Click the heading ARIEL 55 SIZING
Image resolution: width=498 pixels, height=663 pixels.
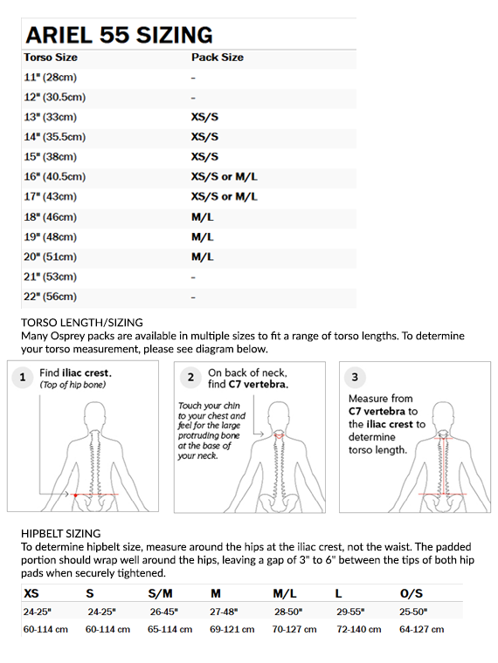119,35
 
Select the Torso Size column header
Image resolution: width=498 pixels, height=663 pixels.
51,58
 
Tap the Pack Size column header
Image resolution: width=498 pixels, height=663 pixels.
218,58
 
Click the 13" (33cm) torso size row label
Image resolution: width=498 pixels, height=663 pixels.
50,117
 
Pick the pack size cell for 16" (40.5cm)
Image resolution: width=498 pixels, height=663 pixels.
224,177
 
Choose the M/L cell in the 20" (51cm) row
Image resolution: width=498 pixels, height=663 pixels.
203,256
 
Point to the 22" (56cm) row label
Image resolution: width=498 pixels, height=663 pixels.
50,297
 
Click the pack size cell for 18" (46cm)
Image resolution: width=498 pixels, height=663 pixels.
203,217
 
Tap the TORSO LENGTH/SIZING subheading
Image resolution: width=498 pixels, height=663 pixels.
82,323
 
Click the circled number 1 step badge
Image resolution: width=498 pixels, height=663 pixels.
23,377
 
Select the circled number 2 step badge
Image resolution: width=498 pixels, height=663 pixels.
190,377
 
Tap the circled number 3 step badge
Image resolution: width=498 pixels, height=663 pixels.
355,377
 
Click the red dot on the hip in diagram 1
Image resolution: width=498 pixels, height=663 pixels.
75,495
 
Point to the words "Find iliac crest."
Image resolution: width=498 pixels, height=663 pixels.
75,373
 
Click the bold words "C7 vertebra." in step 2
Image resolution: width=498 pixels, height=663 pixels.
259,385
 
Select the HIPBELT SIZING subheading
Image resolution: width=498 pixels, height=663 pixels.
61,534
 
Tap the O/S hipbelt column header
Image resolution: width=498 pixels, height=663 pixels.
412,594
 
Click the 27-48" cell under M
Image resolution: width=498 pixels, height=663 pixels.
224,612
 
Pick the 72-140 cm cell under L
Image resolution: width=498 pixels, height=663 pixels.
359,630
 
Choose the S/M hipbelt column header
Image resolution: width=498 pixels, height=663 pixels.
160,594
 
